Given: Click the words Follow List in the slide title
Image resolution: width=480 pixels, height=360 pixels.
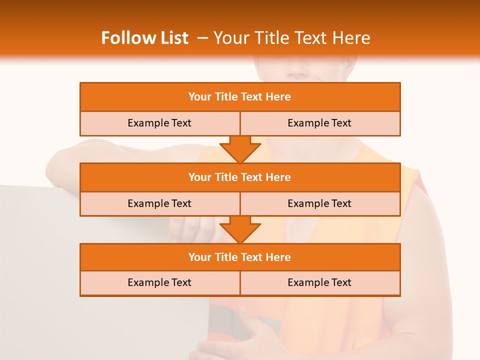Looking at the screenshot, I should [x=145, y=38].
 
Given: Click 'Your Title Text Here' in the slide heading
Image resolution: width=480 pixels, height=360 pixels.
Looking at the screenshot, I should [x=291, y=38].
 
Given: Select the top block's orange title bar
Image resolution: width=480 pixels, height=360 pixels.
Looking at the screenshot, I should [x=240, y=97].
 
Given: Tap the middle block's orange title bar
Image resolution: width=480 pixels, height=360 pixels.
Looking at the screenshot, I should [x=240, y=177].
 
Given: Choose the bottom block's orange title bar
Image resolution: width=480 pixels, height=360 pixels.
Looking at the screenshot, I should [x=240, y=257].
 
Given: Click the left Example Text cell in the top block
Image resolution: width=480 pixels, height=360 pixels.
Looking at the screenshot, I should [x=159, y=123].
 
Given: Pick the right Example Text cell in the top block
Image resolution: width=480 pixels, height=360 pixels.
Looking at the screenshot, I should [x=319, y=123].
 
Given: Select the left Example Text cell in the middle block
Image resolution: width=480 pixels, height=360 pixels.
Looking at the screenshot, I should [x=159, y=203].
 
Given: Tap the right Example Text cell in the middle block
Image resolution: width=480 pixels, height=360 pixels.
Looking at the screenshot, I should [x=319, y=203].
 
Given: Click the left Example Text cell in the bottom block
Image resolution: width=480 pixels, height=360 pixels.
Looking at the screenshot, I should [x=159, y=282].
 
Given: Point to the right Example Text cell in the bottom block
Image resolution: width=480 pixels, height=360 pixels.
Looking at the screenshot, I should [x=319, y=282].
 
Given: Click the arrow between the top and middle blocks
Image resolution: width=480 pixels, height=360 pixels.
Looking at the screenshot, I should [x=240, y=149].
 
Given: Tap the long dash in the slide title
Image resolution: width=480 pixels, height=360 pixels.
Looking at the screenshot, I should [x=202, y=38].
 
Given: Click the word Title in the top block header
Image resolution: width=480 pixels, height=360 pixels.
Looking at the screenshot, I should [x=225, y=97].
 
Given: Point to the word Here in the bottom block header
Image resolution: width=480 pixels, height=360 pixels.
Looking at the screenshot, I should [x=278, y=257].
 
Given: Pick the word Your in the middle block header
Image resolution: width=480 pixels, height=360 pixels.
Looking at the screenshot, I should [x=199, y=177].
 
